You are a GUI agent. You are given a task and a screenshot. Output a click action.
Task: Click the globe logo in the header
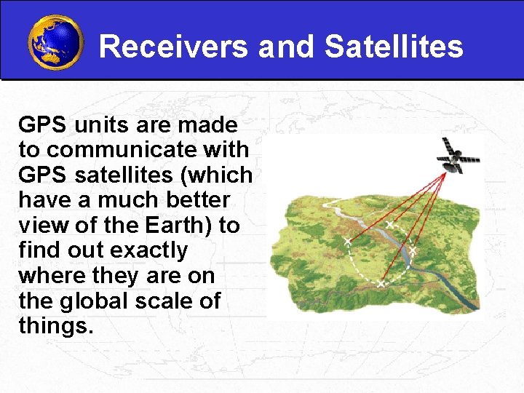tap(55, 42)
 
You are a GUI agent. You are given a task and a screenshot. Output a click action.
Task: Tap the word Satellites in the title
tap(394, 47)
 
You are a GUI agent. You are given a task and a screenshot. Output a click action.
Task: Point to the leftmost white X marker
tap(347, 240)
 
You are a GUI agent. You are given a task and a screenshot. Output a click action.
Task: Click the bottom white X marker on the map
tap(381, 282)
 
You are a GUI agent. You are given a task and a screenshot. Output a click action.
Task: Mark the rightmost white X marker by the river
tap(412, 250)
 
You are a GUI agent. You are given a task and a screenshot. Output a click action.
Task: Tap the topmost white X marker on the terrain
tap(389, 224)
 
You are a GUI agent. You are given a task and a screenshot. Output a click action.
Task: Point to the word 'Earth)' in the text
tap(176, 226)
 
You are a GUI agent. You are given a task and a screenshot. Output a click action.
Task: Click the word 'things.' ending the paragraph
tap(56, 326)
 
